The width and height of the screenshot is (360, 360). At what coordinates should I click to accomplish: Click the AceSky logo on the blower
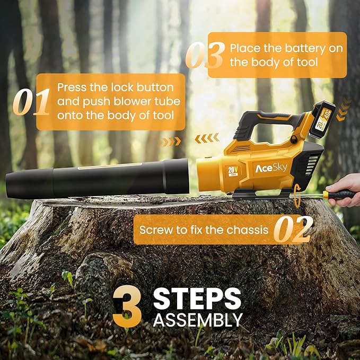271,168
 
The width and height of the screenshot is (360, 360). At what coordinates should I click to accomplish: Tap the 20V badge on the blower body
233,171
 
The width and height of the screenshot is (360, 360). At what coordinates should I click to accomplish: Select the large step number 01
31,102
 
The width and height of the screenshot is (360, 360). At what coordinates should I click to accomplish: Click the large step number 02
293,230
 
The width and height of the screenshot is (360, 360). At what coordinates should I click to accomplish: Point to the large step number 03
205,55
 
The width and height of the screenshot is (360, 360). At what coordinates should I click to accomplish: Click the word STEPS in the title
197,298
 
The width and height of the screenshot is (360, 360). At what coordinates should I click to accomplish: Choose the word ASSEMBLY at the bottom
198,320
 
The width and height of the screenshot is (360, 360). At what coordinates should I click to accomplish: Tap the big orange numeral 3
127,306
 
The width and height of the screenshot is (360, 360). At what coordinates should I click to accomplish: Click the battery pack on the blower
322,120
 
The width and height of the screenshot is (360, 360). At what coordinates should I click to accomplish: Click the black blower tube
98,178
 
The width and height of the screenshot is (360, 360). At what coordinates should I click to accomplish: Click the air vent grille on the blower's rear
312,166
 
